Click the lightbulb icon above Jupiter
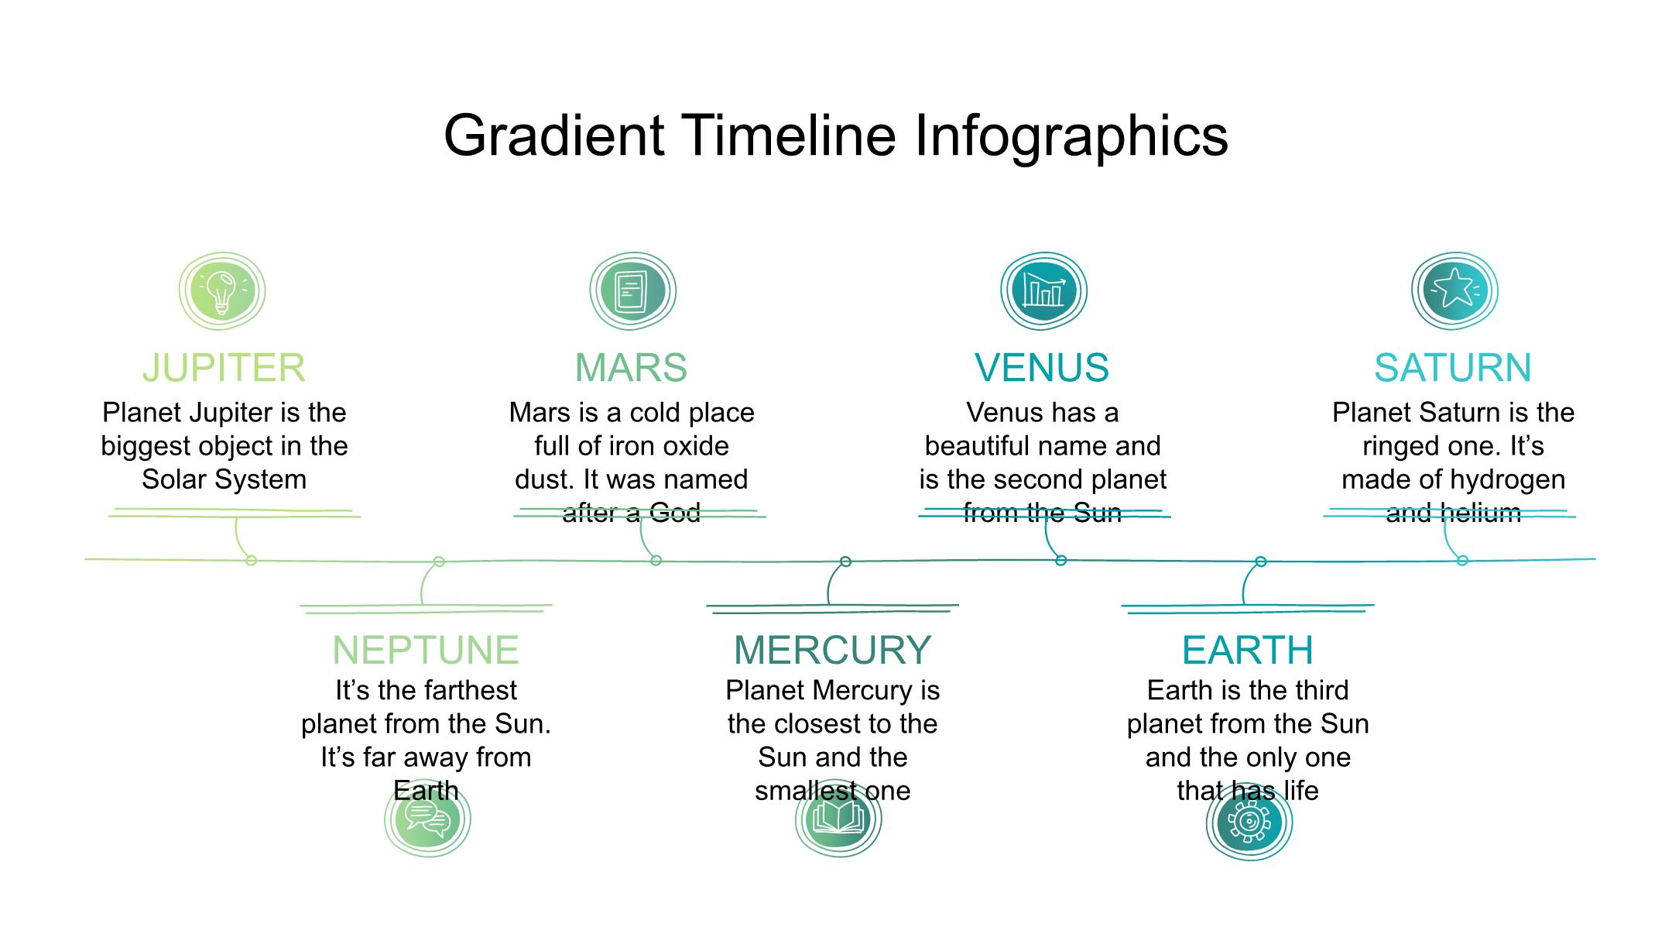(x=222, y=291)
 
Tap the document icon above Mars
(x=632, y=291)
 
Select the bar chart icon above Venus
(x=1043, y=291)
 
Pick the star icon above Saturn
(x=1454, y=291)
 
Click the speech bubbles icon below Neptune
(x=427, y=819)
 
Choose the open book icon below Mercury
(x=838, y=819)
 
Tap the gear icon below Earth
(x=1249, y=821)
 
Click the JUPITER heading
(x=224, y=368)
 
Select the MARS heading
(x=631, y=368)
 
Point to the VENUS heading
(x=1042, y=368)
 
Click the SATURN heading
(x=1453, y=368)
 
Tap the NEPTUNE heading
(x=426, y=650)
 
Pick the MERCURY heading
(x=833, y=650)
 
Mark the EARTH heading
(x=1248, y=650)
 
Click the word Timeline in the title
(x=789, y=136)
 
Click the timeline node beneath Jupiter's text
(x=251, y=560)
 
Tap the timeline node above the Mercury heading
(x=845, y=562)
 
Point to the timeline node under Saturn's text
(x=1462, y=561)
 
